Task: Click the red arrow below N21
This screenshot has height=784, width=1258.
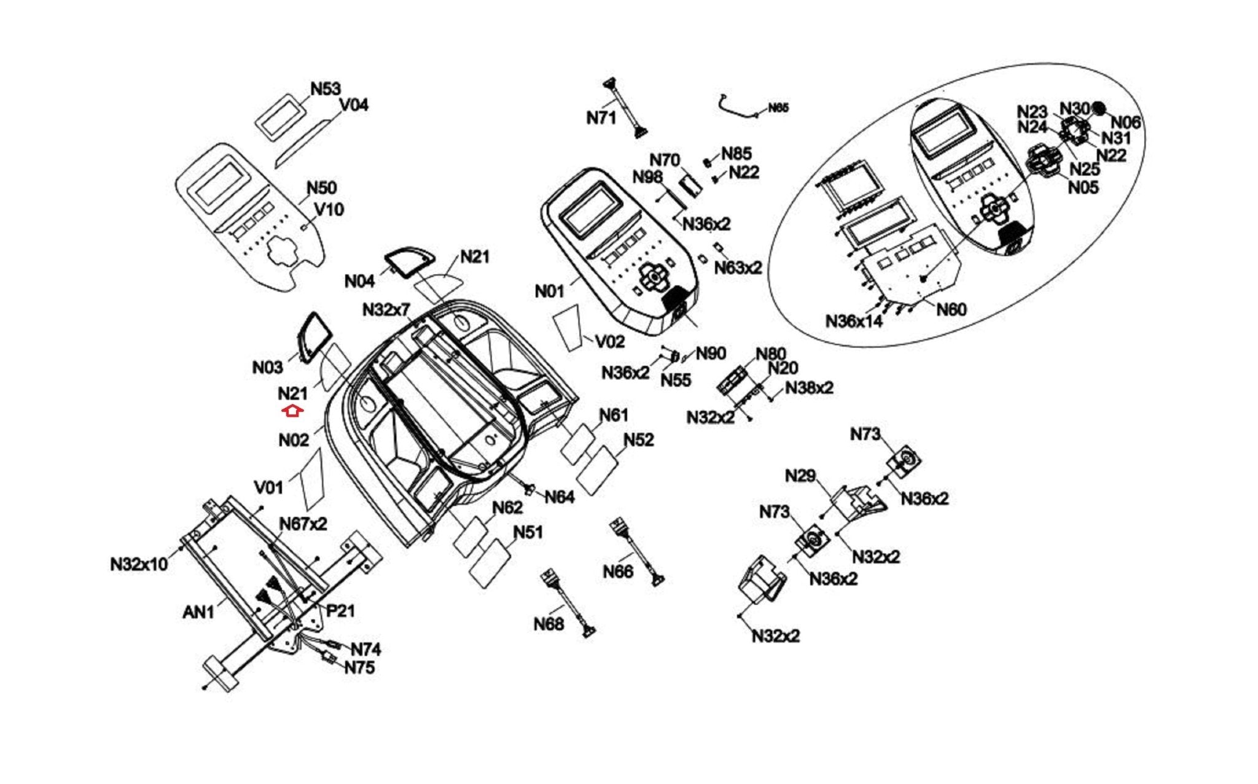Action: pyautogui.click(x=293, y=411)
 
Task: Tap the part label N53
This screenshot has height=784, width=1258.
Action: pyautogui.click(x=325, y=89)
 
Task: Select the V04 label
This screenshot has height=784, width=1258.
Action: pyautogui.click(x=354, y=105)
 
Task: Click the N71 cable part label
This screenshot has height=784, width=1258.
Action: pyautogui.click(x=601, y=117)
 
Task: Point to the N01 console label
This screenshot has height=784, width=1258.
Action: pyautogui.click(x=549, y=291)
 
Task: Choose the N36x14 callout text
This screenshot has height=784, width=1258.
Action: pyautogui.click(x=854, y=321)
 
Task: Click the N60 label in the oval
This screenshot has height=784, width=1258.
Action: pyautogui.click(x=951, y=309)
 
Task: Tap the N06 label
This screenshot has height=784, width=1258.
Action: pyautogui.click(x=1125, y=123)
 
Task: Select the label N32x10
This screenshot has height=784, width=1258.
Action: pyautogui.click(x=139, y=564)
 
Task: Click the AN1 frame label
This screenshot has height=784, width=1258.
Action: pyautogui.click(x=198, y=612)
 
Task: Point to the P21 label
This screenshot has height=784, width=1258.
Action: pyautogui.click(x=340, y=611)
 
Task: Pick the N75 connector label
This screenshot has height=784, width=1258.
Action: pyautogui.click(x=359, y=667)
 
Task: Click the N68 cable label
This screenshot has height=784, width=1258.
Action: pyautogui.click(x=549, y=624)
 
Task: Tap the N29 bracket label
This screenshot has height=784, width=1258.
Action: pyautogui.click(x=800, y=476)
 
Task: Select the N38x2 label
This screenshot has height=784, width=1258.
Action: pyautogui.click(x=809, y=388)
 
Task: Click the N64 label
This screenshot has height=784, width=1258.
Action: pyautogui.click(x=559, y=497)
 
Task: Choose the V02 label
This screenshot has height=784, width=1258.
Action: pyautogui.click(x=610, y=341)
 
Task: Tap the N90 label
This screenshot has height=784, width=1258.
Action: pyautogui.click(x=711, y=354)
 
